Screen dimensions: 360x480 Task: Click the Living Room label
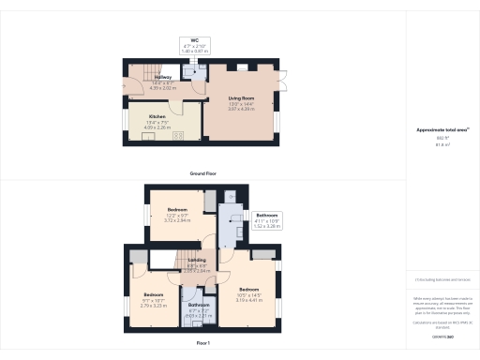click(242, 97)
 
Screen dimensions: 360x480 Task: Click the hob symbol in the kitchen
click(179, 135)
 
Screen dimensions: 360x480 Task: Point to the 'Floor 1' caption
click(203, 345)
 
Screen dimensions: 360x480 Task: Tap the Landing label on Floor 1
click(197, 261)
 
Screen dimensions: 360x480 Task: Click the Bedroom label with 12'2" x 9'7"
click(177, 209)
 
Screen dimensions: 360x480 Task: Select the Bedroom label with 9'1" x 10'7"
click(140, 268)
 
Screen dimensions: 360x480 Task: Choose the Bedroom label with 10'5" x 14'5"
click(248, 288)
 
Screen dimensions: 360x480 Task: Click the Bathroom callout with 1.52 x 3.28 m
click(267, 215)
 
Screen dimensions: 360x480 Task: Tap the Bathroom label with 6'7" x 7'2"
click(199, 306)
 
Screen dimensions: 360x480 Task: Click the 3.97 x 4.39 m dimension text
click(242, 109)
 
